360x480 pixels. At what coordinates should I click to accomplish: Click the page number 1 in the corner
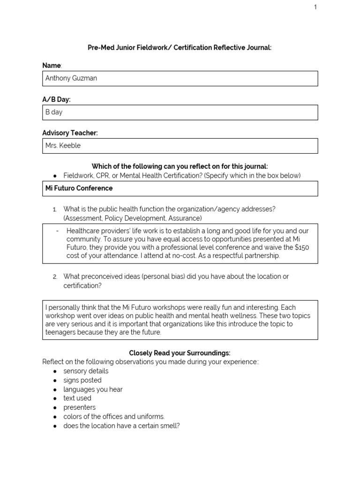[315, 7]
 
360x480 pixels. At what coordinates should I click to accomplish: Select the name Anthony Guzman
[71, 78]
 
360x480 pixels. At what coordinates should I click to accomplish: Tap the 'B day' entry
[54, 112]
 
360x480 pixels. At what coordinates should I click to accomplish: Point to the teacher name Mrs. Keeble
[63, 145]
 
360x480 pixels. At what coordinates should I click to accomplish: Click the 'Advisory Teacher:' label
[70, 133]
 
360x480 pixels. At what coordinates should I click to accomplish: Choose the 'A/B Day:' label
[57, 99]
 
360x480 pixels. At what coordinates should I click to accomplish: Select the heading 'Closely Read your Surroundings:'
[180, 352]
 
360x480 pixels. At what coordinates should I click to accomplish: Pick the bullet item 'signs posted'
[82, 380]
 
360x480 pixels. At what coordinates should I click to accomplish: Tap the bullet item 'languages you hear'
[93, 389]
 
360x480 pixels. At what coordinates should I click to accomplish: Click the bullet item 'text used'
[77, 398]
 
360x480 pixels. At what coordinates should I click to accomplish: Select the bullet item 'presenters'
[80, 407]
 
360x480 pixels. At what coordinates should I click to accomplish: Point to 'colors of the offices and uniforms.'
[114, 416]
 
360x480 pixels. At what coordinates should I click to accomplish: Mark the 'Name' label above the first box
[52, 66]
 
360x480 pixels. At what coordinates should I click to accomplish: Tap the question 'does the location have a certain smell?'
[121, 426]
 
